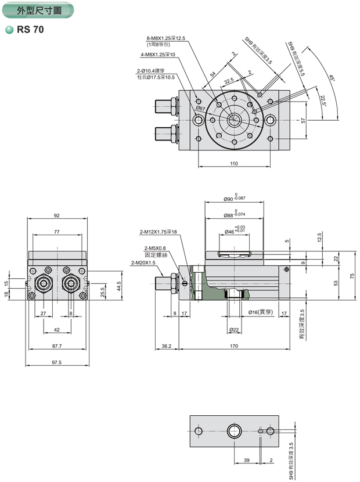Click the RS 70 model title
[x=30, y=29]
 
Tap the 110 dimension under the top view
[x=233, y=164]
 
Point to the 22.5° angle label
[x=323, y=100]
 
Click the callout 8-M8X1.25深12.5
[x=165, y=38]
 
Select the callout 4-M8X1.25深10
[x=157, y=55]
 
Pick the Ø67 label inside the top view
[x=200, y=108]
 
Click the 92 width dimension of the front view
[x=57, y=215]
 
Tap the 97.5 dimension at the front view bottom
[x=56, y=362]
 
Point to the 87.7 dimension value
[x=56, y=346]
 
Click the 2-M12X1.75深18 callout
[x=158, y=232]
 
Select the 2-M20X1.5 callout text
[x=143, y=262]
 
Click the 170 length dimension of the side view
[x=234, y=346]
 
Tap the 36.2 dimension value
[x=166, y=346]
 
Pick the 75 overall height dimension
[x=352, y=276]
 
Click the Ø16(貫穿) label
[x=261, y=312]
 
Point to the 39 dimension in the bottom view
[x=247, y=460]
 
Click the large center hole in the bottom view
[x=235, y=431]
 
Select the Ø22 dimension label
[x=235, y=330]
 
